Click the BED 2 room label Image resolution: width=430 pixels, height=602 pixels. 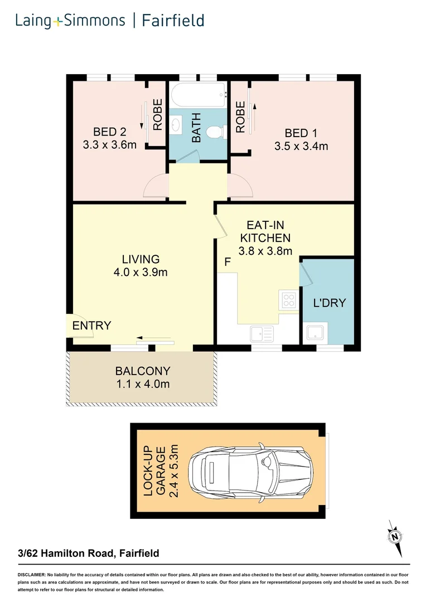(x=109, y=132)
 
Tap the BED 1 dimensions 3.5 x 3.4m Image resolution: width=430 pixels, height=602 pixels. (x=301, y=147)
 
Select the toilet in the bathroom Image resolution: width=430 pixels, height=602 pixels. (x=214, y=132)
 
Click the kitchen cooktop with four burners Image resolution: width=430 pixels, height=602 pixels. (x=288, y=301)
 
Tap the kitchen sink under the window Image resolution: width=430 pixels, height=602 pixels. (x=261, y=334)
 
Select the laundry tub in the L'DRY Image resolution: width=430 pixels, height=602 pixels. (x=316, y=333)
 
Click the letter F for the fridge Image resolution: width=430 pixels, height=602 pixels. (x=227, y=261)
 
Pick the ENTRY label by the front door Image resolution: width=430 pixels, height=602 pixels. (x=92, y=326)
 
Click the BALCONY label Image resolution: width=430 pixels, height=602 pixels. (x=142, y=371)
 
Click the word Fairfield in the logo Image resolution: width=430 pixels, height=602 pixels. (x=173, y=21)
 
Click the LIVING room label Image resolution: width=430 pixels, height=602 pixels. (x=141, y=259)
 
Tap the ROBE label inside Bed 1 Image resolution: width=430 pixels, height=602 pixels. (x=240, y=117)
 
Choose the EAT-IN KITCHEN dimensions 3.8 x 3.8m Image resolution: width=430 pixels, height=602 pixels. (x=265, y=251)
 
